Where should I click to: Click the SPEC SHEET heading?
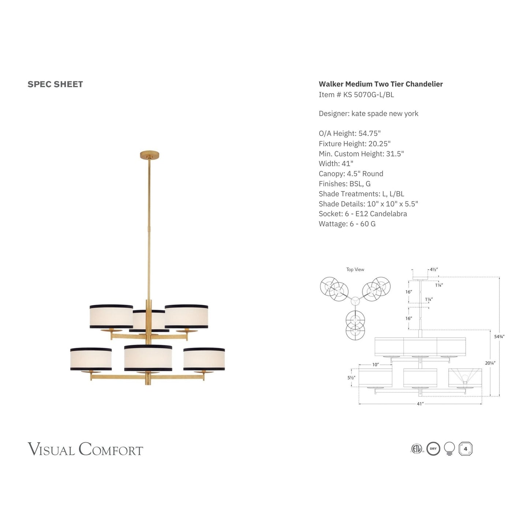(x=55, y=84)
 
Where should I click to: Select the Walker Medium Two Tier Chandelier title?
(x=381, y=84)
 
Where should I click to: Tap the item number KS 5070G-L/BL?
(x=356, y=94)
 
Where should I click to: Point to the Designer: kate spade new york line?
(x=368, y=113)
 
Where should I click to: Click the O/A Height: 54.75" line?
(x=350, y=133)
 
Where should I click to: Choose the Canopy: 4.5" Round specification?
(x=351, y=174)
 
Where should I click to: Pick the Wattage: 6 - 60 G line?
(x=347, y=224)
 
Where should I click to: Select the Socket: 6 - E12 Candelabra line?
(x=363, y=214)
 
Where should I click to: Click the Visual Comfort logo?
(x=85, y=449)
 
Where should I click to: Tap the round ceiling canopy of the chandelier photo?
(x=149, y=155)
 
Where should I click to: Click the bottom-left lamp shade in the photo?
(x=91, y=359)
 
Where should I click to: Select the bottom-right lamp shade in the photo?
(x=204, y=359)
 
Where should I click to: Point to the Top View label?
(x=355, y=269)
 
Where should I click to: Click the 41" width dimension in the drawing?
(x=420, y=404)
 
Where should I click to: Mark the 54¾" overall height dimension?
(x=499, y=336)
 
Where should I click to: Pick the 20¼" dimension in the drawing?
(x=489, y=363)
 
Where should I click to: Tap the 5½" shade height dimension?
(x=351, y=377)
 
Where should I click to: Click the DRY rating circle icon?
(x=433, y=449)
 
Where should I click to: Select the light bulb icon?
(x=449, y=448)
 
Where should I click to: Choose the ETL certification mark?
(x=417, y=449)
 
